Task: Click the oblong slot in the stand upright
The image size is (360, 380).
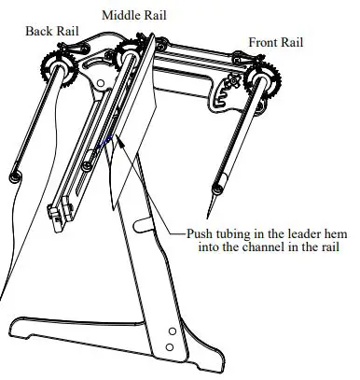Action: pos(142,226)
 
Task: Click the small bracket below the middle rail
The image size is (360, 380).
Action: pos(59,220)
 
